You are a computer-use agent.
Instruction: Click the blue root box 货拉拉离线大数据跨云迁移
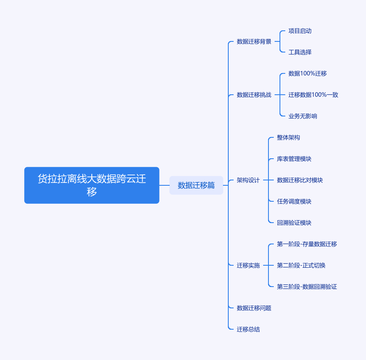[x=92, y=185]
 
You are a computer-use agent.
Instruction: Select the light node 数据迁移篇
[x=196, y=185]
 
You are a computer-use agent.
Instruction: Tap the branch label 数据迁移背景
[x=254, y=41]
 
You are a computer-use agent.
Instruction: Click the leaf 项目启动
[x=300, y=31]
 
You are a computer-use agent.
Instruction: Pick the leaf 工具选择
[x=300, y=52]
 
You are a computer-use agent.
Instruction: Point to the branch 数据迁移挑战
[x=254, y=95]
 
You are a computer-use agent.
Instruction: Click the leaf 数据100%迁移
[x=307, y=73]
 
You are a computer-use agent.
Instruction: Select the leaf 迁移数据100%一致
[x=313, y=95]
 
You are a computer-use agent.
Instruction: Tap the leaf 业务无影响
[x=303, y=116]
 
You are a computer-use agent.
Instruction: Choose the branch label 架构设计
[x=248, y=180]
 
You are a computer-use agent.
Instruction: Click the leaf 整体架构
[x=288, y=137]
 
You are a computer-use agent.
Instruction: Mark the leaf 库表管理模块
[x=294, y=159]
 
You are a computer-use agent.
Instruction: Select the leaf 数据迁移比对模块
[x=300, y=180]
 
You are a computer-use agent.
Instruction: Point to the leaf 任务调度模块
[x=294, y=201]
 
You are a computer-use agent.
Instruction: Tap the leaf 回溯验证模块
[x=294, y=223]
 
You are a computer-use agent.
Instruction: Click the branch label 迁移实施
[x=248, y=265]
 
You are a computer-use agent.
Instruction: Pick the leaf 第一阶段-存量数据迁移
[x=307, y=244]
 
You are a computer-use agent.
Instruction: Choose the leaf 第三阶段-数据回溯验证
[x=307, y=287]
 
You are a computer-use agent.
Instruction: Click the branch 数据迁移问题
[x=254, y=308]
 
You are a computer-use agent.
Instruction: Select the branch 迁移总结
[x=248, y=329]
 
